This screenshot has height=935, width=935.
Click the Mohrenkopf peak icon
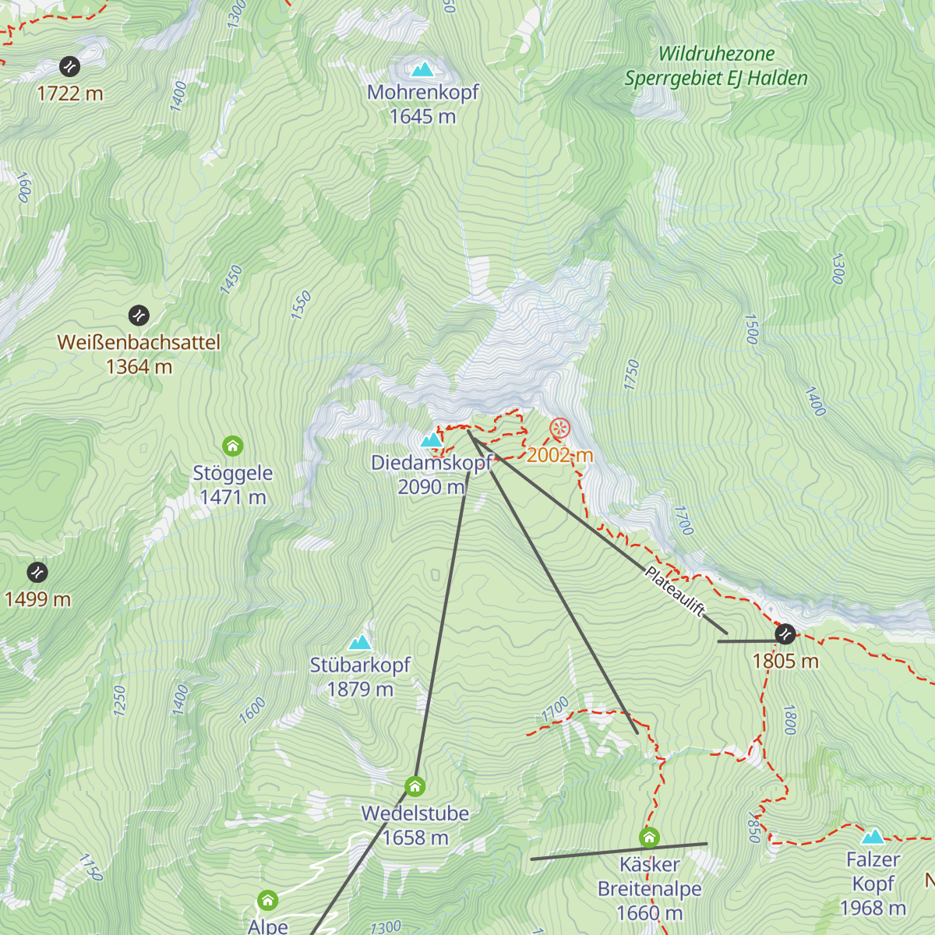pyautogui.click(x=422, y=69)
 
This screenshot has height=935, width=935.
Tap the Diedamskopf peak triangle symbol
pyautogui.click(x=431, y=440)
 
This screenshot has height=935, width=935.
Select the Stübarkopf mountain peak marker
pyautogui.click(x=359, y=642)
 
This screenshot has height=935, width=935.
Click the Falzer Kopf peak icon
pyautogui.click(x=873, y=837)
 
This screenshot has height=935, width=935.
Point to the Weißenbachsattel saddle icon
pyautogui.click(x=139, y=316)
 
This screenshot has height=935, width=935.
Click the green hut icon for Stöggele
pyautogui.click(x=233, y=446)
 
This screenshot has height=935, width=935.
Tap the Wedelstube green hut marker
pyautogui.click(x=415, y=785)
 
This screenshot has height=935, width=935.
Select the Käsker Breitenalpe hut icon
pyautogui.click(x=649, y=838)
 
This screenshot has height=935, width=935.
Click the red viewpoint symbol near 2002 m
pyautogui.click(x=559, y=429)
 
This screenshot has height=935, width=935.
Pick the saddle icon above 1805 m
pyautogui.click(x=785, y=634)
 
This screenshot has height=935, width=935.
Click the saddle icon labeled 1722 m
pyautogui.click(x=70, y=66)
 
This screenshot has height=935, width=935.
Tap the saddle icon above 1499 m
pyautogui.click(x=37, y=572)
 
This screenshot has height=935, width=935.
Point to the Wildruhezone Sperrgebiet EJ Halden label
pyautogui.click(x=716, y=66)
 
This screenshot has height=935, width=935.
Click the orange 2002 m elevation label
pyautogui.click(x=559, y=455)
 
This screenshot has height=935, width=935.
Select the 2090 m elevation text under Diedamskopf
pyautogui.click(x=431, y=487)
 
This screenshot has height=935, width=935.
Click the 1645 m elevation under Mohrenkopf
pyautogui.click(x=422, y=117)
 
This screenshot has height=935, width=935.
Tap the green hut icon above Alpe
pyautogui.click(x=267, y=901)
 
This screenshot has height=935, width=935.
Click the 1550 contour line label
pyautogui.click(x=301, y=305)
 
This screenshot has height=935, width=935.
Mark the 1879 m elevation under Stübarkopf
pyautogui.click(x=360, y=690)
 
